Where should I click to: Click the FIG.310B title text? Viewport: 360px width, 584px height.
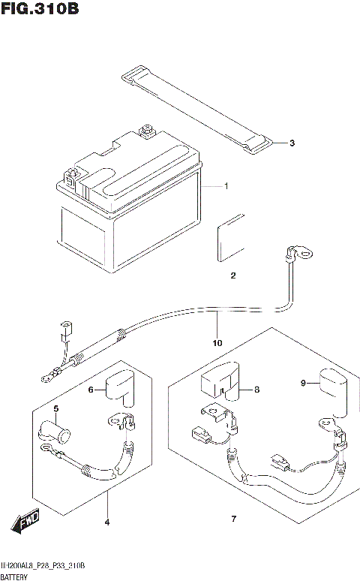point(40,10)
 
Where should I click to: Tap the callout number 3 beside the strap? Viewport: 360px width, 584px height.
point(292,143)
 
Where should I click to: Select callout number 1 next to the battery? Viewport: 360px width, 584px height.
point(226,186)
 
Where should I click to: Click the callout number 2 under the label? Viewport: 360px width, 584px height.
point(233,275)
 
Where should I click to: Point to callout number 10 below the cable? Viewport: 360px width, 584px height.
point(217,343)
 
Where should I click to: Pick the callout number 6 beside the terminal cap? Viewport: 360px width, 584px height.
point(91,390)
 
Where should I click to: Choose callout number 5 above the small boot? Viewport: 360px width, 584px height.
point(55,408)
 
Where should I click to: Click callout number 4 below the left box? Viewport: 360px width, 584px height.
point(106,521)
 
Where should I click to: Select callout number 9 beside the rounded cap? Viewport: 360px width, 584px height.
point(304,384)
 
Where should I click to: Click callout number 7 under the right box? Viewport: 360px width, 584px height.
point(233,519)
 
